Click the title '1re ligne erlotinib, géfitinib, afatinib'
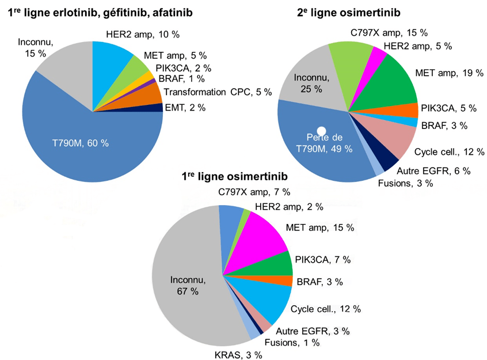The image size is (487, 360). [100, 12]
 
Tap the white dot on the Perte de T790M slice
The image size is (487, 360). [322, 131]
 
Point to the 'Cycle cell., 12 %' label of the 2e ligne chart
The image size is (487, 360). [449, 153]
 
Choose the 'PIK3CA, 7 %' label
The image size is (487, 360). [322, 260]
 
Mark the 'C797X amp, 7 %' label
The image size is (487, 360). [254, 191]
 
